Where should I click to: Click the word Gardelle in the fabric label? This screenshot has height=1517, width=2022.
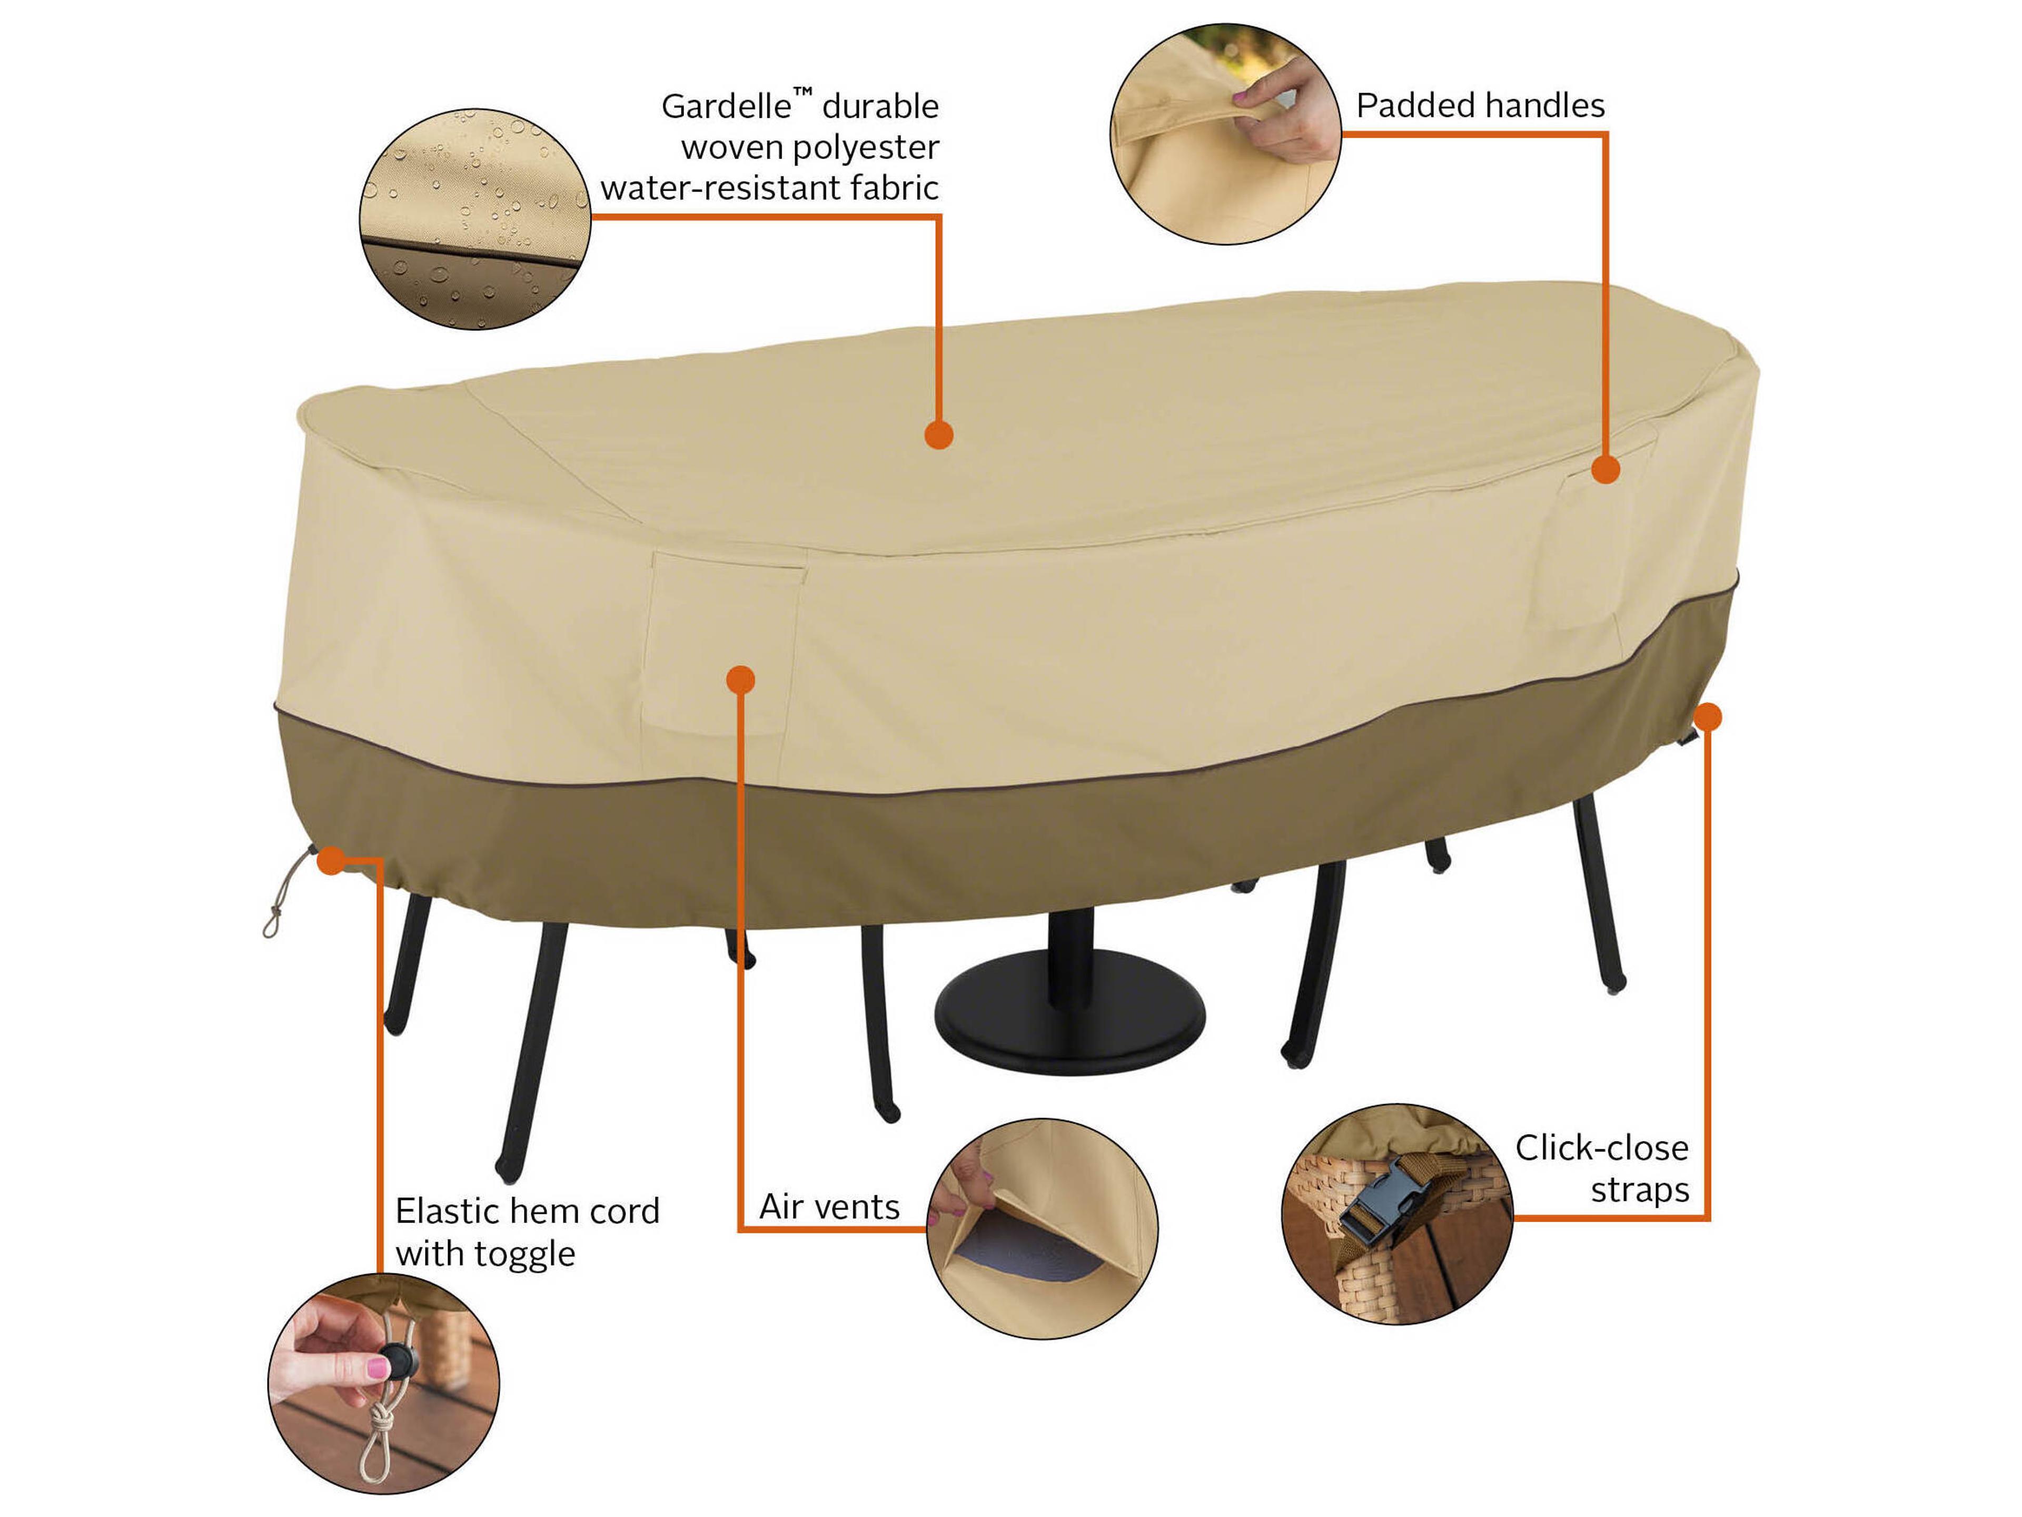pyautogui.click(x=725, y=107)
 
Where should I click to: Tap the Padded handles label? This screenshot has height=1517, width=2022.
pyautogui.click(x=1480, y=106)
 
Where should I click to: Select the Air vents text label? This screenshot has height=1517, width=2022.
pyautogui.click(x=829, y=1207)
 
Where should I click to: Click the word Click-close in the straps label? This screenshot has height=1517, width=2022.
pyautogui.click(x=1601, y=1148)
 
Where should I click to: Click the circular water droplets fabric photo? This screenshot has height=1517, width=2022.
pyautogui.click(x=474, y=220)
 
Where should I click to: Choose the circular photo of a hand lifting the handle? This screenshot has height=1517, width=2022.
pyautogui.click(x=1225, y=134)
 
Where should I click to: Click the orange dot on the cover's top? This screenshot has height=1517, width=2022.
pyautogui.click(x=939, y=435)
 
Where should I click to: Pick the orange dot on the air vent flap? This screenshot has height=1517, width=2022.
pyautogui.click(x=740, y=679)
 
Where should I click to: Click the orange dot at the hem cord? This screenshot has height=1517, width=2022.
pyautogui.click(x=331, y=861)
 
